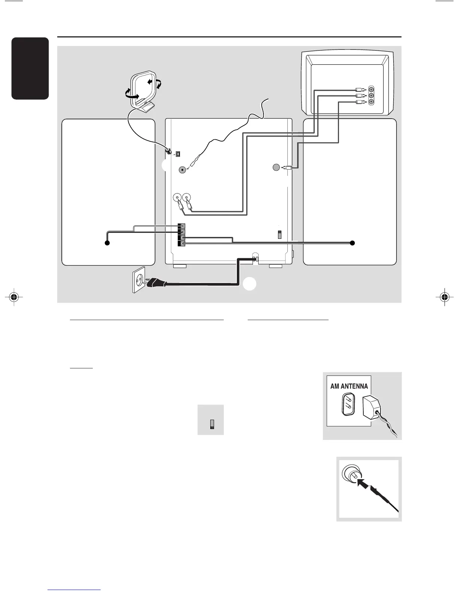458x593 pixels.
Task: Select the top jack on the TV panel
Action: point(371,90)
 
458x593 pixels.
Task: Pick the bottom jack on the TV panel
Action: point(371,102)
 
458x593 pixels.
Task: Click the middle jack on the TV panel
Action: point(371,96)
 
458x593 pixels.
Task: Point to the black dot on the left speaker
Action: point(107,243)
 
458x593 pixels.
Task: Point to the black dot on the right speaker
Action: point(352,243)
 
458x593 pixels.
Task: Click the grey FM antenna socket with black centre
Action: point(183,170)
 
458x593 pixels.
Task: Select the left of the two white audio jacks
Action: point(177,197)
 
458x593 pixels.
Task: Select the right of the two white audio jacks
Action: point(186,197)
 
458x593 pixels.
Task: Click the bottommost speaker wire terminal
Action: point(181,243)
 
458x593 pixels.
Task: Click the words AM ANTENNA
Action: point(349,386)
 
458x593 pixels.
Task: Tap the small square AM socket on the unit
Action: point(178,154)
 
